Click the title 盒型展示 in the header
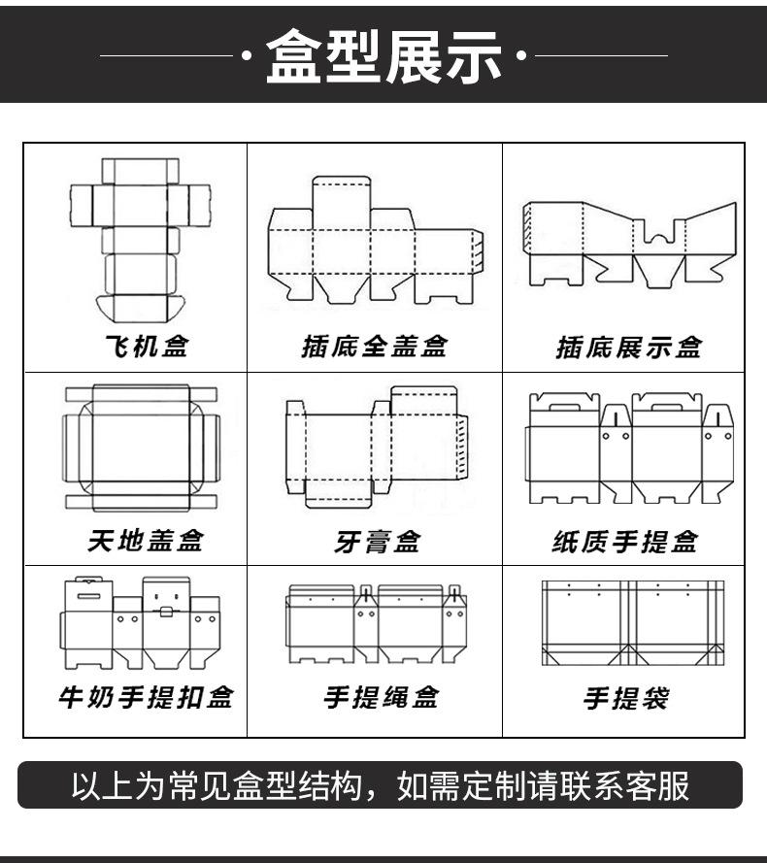[x=383, y=55]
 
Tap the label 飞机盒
[x=146, y=347]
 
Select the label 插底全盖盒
[x=374, y=347]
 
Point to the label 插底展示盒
[x=628, y=347]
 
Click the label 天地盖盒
[x=146, y=540]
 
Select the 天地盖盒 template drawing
[x=141, y=447]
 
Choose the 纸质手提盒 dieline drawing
[x=629, y=448]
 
